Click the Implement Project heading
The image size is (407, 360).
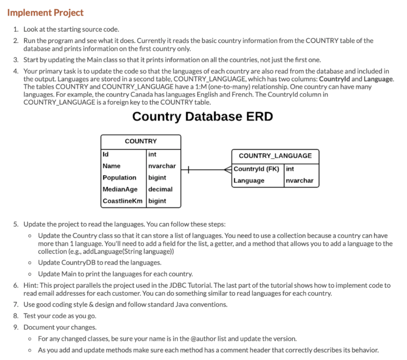45,13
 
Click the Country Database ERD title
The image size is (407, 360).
203,117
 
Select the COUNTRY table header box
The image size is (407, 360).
141,142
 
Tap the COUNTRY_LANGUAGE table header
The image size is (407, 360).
275,156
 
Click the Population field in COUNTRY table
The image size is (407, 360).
119,177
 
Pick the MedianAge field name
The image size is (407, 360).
120,189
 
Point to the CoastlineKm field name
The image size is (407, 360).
122,201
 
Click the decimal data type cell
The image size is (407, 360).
160,189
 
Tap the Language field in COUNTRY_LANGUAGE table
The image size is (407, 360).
249,181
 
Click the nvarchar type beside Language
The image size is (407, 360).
300,181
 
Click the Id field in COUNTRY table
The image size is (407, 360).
106,154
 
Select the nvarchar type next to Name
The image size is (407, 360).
162,166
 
